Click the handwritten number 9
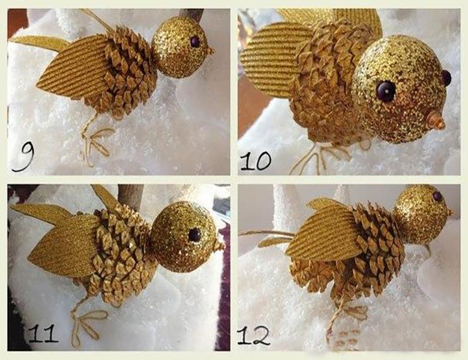(x=24, y=157)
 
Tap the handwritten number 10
(x=256, y=161)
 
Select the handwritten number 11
(x=44, y=333)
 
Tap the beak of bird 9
(x=211, y=50)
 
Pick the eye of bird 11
(x=194, y=235)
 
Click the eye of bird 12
(x=437, y=196)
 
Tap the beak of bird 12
(x=450, y=212)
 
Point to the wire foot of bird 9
(x=95, y=141)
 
